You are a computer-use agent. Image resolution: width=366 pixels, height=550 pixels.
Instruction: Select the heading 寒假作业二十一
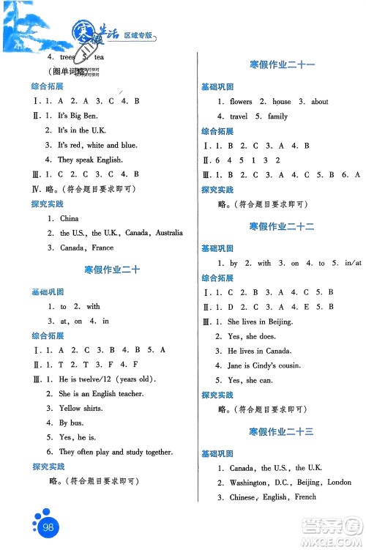tap(281, 65)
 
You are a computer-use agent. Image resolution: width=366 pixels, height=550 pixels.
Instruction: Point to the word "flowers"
tap(241, 102)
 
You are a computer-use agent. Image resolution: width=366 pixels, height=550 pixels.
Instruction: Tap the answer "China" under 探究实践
tap(69, 218)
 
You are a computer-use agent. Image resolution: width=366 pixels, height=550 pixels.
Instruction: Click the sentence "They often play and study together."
tap(116, 452)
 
